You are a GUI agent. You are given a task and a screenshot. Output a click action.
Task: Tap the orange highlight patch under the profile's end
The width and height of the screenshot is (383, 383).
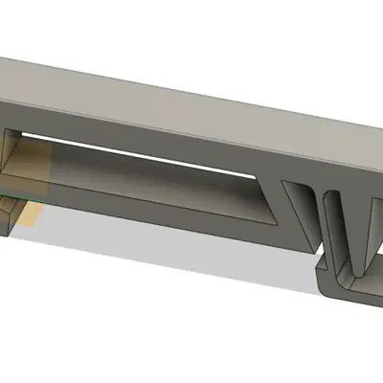pos(29,213)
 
